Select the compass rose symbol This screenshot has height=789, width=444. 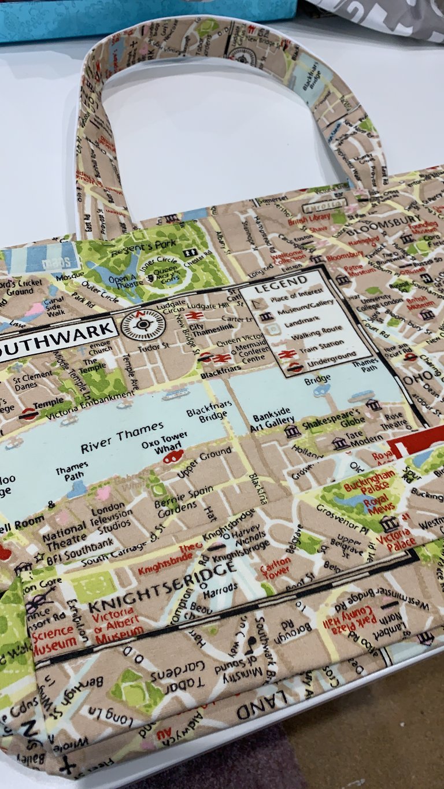(x=143, y=324)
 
